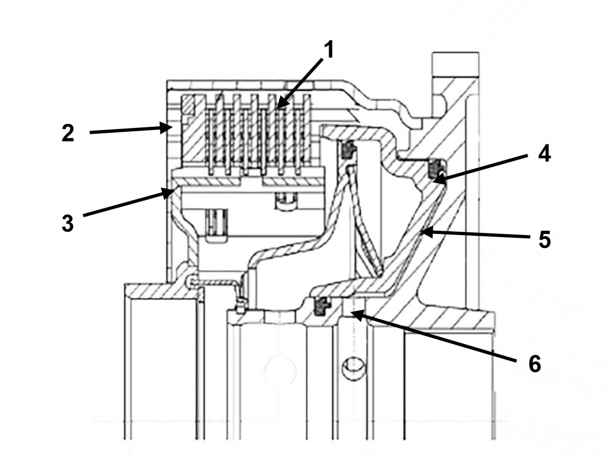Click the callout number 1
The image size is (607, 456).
[328, 51]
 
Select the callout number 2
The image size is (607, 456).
[68, 133]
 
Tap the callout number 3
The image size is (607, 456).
[67, 224]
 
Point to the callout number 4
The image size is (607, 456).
[545, 154]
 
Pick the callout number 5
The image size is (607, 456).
[545, 239]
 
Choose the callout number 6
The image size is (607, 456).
[535, 364]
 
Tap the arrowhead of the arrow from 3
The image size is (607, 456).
[169, 192]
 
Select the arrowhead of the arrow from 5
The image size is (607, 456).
[427, 232]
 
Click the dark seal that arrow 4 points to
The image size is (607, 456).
[436, 168]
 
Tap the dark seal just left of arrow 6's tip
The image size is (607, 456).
[321, 305]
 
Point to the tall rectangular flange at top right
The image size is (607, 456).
[455, 64]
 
